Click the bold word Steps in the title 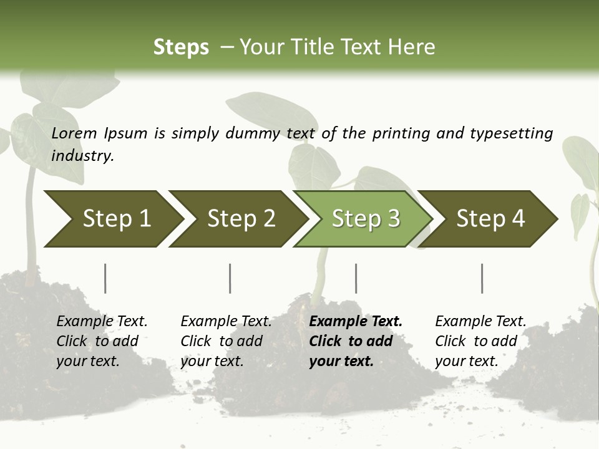point(181,47)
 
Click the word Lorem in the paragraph point(74,133)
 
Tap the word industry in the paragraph point(82,155)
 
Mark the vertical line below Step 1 point(105,278)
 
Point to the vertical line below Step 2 point(230,278)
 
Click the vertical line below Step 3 point(356,278)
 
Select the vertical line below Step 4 point(482,278)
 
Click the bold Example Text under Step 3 point(356,321)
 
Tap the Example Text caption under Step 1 point(102,321)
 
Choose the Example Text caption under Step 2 point(226,321)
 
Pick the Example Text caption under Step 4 point(480,321)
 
